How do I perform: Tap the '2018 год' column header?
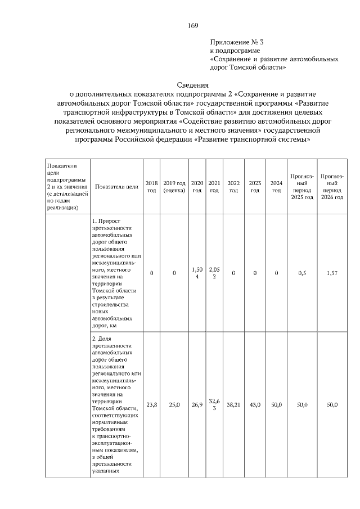pyautogui.click(x=152, y=187)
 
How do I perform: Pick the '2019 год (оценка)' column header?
pyautogui.click(x=174, y=187)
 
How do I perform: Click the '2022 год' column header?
pyautogui.click(x=233, y=187)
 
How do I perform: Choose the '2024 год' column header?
pyautogui.click(x=276, y=187)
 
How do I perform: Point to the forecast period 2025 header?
pyautogui.click(x=301, y=191)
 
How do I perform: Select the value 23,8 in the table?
pyautogui.click(x=152, y=404)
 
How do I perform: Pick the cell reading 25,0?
pyautogui.click(x=174, y=404)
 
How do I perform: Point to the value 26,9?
pyautogui.click(x=197, y=404)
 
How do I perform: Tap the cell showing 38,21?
pyautogui.click(x=233, y=404)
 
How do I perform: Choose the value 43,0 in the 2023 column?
pyautogui.click(x=255, y=404)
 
